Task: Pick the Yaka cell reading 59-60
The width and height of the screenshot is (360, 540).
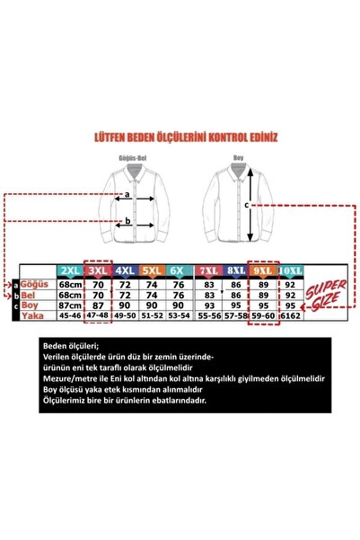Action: pos(263,316)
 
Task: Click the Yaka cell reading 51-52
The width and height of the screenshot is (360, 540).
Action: pos(154,316)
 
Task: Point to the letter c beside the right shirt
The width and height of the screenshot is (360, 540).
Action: pos(248,204)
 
